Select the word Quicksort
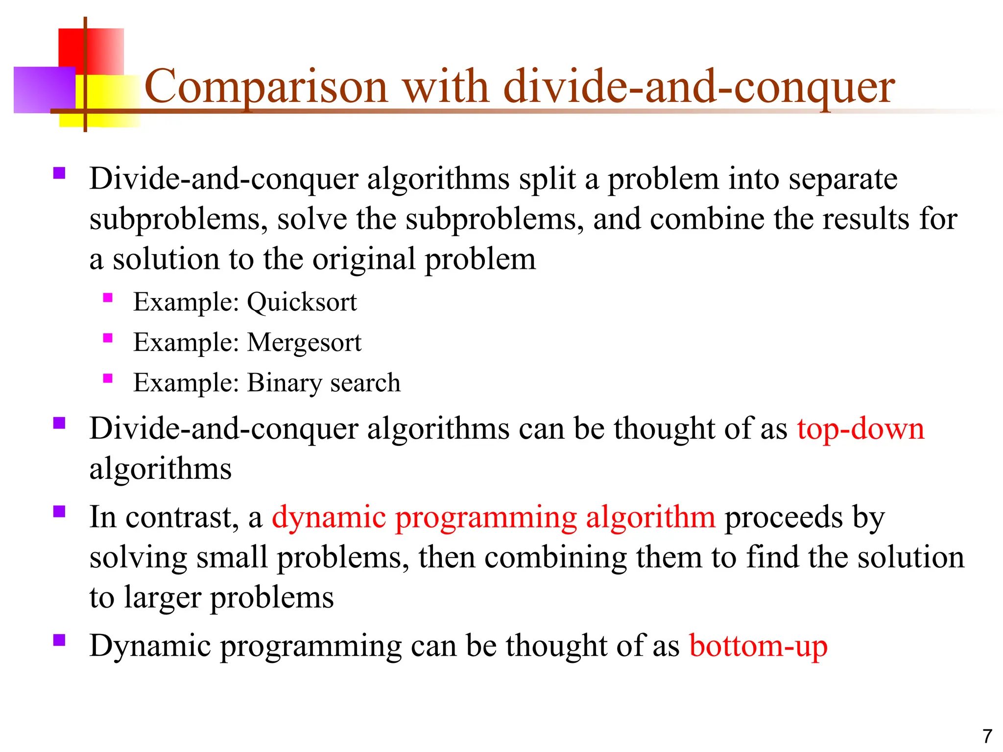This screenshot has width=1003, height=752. coord(302,303)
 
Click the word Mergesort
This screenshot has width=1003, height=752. coord(304,343)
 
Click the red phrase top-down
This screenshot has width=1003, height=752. coord(860,429)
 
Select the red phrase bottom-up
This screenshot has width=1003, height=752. coord(758,646)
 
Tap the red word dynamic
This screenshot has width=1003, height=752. coord(329,517)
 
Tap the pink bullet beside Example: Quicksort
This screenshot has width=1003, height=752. coord(108,298)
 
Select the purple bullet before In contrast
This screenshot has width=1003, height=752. coord(59,512)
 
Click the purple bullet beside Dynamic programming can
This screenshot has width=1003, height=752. coord(59,640)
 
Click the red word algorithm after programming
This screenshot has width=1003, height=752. coord(650,517)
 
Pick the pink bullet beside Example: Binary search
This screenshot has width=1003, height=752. coord(108,378)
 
